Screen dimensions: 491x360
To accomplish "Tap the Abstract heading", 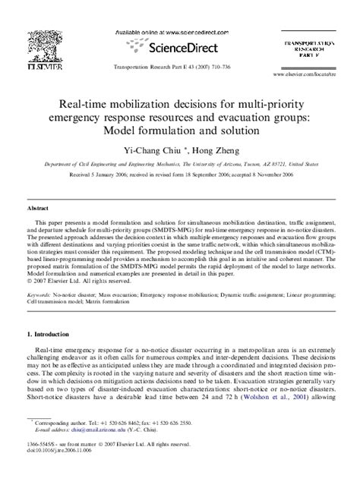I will coord(39,207).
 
